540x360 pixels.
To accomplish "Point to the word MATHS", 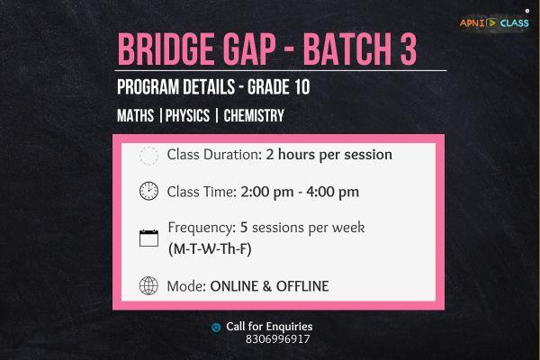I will coord(135,116).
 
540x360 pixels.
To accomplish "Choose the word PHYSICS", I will coord(186,116).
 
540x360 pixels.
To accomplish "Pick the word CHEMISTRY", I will coord(254,116).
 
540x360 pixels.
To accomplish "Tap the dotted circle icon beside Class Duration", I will coord(148,155).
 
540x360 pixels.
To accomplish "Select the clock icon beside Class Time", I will coord(148,191).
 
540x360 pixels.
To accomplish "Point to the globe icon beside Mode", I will coord(148,287).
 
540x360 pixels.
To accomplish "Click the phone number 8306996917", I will coord(277,339).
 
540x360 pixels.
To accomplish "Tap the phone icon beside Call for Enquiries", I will coord(216,328).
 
